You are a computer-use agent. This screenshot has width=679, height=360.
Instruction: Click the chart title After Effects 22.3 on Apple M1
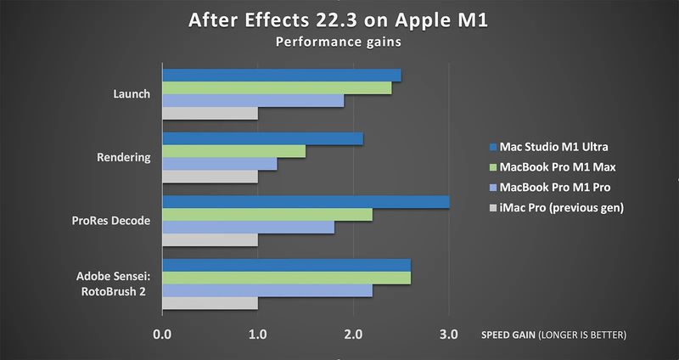point(339,20)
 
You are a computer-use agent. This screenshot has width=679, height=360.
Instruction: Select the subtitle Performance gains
point(339,40)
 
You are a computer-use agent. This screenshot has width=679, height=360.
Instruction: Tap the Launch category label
point(132,94)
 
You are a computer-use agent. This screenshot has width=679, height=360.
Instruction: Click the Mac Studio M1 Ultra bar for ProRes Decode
point(306,202)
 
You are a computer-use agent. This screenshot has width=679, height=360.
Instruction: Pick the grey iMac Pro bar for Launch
point(210,114)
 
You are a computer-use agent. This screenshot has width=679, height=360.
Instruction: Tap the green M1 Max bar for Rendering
point(233,151)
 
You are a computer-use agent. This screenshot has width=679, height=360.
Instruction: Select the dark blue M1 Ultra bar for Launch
point(281,76)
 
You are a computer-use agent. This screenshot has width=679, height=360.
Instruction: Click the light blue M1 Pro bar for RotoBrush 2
point(267,290)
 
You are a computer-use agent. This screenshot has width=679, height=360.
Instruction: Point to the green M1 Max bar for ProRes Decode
point(267,215)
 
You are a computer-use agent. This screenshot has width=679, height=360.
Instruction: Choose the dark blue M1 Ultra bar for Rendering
point(262,138)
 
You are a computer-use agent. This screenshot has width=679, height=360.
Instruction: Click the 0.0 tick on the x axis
point(161,335)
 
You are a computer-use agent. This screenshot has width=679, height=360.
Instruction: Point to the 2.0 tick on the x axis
point(353,335)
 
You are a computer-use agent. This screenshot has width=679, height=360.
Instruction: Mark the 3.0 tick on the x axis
point(449,335)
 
